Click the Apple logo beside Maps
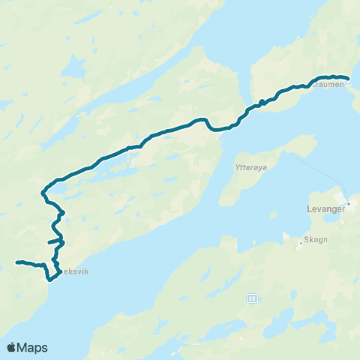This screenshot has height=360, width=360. (12, 347)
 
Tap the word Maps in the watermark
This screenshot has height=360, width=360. (33, 347)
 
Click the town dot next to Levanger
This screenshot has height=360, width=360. (349, 202)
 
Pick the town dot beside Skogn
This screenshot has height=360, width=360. (299, 242)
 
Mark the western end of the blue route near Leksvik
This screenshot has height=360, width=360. (17, 262)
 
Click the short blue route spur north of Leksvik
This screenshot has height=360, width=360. (52, 242)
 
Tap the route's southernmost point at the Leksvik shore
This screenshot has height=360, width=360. (50, 279)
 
